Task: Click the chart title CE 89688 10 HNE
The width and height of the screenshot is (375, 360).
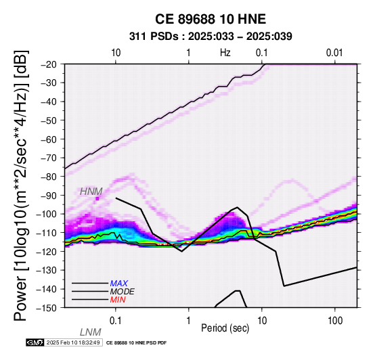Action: coord(211,19)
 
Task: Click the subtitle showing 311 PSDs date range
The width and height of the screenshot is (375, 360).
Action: coord(211,37)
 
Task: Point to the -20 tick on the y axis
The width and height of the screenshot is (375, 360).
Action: coord(49,64)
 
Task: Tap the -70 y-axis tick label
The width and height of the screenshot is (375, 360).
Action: coord(49,158)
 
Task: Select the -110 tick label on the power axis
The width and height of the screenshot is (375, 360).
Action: coord(47,232)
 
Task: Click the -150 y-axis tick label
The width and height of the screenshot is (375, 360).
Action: coord(47,307)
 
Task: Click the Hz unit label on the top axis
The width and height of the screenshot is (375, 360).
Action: coord(225,53)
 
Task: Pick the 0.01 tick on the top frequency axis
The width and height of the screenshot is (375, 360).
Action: coord(334,53)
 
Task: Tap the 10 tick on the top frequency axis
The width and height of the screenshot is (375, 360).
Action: coord(116,53)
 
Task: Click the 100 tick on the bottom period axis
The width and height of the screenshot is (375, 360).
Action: coord(335,321)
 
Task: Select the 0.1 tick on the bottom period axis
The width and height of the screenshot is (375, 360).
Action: coord(116,321)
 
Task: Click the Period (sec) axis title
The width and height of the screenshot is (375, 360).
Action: coord(225,328)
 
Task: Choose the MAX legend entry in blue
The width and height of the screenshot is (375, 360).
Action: coord(119,284)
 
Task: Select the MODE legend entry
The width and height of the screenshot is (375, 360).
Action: coord(123,292)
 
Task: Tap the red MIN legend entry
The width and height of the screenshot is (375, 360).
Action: coord(118,300)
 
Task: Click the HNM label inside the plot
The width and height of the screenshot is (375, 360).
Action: coord(91,192)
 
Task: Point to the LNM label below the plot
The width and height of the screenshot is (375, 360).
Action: coord(91,332)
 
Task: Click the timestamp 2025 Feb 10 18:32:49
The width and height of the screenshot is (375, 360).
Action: coord(73,342)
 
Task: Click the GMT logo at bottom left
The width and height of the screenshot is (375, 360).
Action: coord(35,342)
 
